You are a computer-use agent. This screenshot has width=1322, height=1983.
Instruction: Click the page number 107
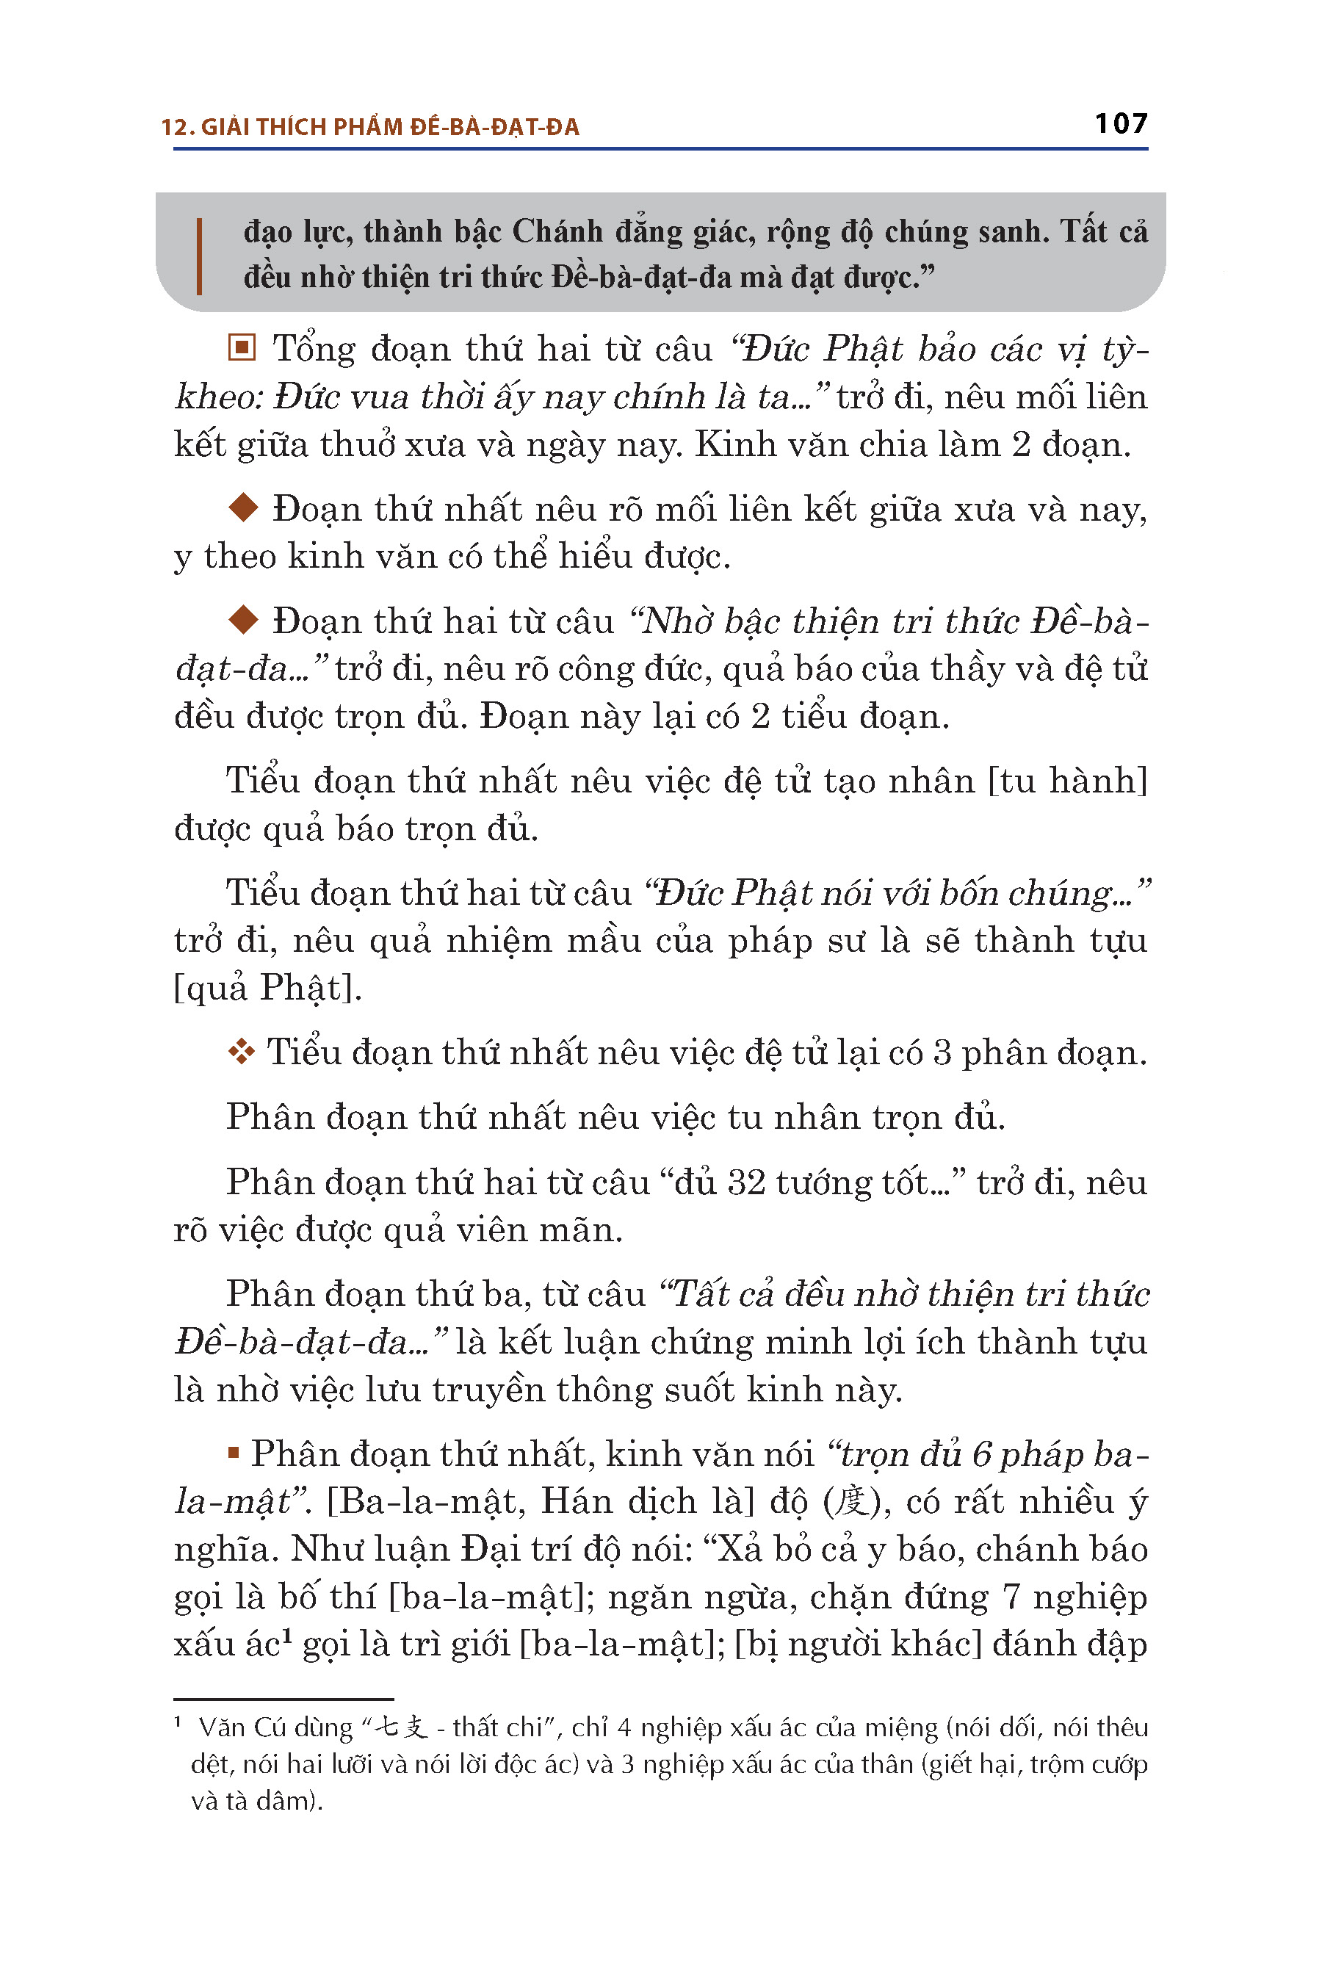click(1121, 124)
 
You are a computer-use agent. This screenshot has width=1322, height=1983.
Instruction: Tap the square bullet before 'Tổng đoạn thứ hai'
click(242, 347)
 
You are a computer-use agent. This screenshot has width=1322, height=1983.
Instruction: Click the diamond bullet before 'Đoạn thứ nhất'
click(243, 508)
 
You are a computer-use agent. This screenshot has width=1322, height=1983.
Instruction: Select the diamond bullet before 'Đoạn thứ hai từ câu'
click(243, 620)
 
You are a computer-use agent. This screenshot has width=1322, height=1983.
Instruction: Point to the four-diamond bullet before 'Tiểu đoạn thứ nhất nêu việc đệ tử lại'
click(241, 1052)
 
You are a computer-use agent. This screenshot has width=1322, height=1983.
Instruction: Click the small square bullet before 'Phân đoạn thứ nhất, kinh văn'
click(234, 1453)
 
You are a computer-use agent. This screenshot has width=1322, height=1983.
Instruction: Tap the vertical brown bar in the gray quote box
click(199, 256)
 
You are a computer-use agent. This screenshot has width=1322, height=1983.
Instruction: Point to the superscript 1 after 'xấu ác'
click(286, 1636)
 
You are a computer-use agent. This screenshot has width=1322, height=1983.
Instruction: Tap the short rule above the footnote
click(283, 1699)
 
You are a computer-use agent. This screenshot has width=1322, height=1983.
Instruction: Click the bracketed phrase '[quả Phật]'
click(267, 987)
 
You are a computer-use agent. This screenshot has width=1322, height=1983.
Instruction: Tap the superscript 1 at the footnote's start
click(178, 1722)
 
